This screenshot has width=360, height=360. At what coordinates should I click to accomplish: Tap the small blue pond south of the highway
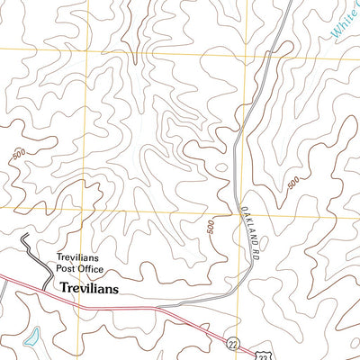pyautogui.click(x=31, y=339)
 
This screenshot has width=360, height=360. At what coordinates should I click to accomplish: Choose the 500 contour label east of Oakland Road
pyautogui.click(x=293, y=183)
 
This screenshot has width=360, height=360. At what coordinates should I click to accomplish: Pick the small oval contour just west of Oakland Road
pyautogui.click(x=220, y=166)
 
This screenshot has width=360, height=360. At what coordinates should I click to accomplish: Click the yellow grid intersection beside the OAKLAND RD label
pyautogui.click(x=238, y=206)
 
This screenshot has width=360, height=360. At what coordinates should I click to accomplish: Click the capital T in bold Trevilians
pyautogui.click(x=65, y=290)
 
